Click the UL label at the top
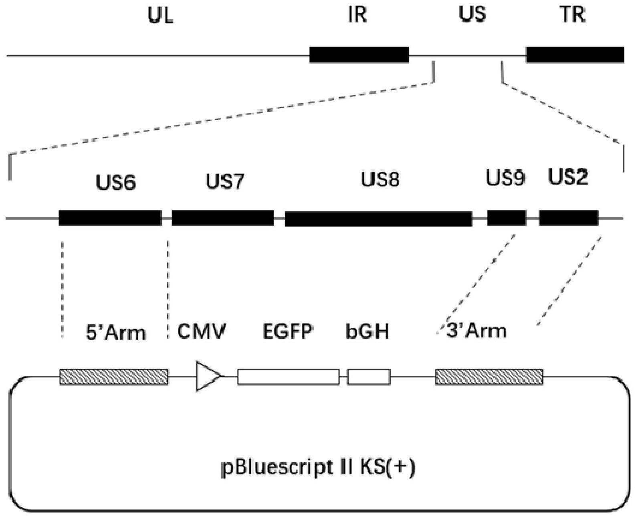click(x=161, y=16)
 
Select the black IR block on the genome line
click(x=359, y=54)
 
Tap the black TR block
click(x=575, y=54)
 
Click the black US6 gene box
click(x=110, y=218)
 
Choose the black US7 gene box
click(x=223, y=218)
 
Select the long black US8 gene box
click(x=378, y=219)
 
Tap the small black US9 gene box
click(x=507, y=218)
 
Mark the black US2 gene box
click(x=568, y=218)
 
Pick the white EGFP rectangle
click(x=289, y=377)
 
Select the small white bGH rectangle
click(x=369, y=377)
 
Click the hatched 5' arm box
click(x=114, y=377)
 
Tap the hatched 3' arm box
click(x=489, y=377)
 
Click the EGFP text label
click(x=288, y=331)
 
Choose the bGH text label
click(x=367, y=331)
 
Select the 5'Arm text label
click(x=116, y=333)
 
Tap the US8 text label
click(x=380, y=179)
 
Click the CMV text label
click(x=202, y=331)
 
